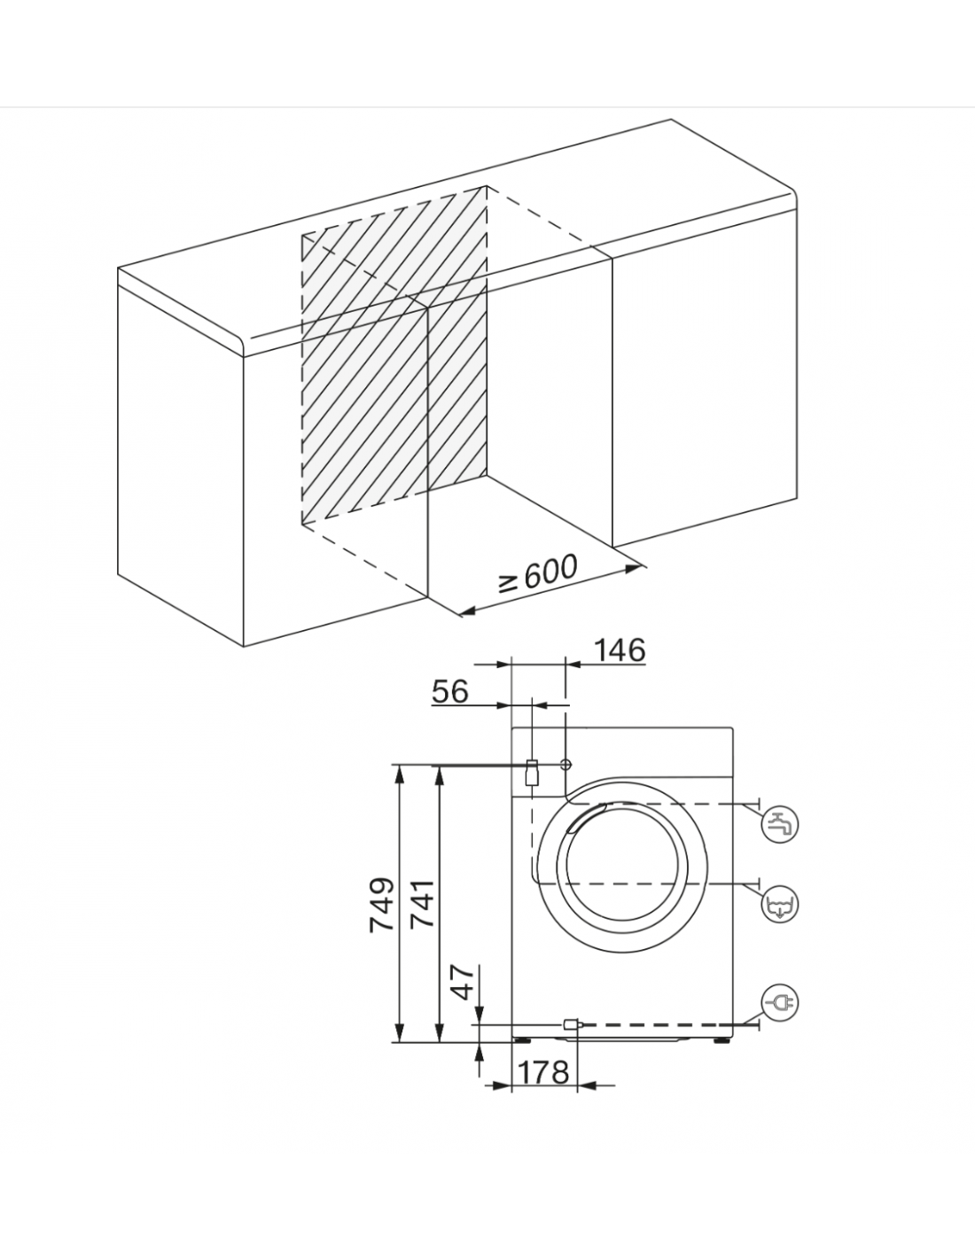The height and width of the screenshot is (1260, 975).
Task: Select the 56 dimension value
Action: click(x=450, y=691)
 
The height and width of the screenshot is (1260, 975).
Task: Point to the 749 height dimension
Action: click(x=382, y=905)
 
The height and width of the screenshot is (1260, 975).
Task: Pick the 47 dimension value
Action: click(x=463, y=983)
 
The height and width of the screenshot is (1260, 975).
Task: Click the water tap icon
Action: click(x=780, y=824)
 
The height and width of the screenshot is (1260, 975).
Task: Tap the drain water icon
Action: click(x=780, y=904)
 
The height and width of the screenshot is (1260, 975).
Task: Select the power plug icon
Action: click(x=780, y=1002)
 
